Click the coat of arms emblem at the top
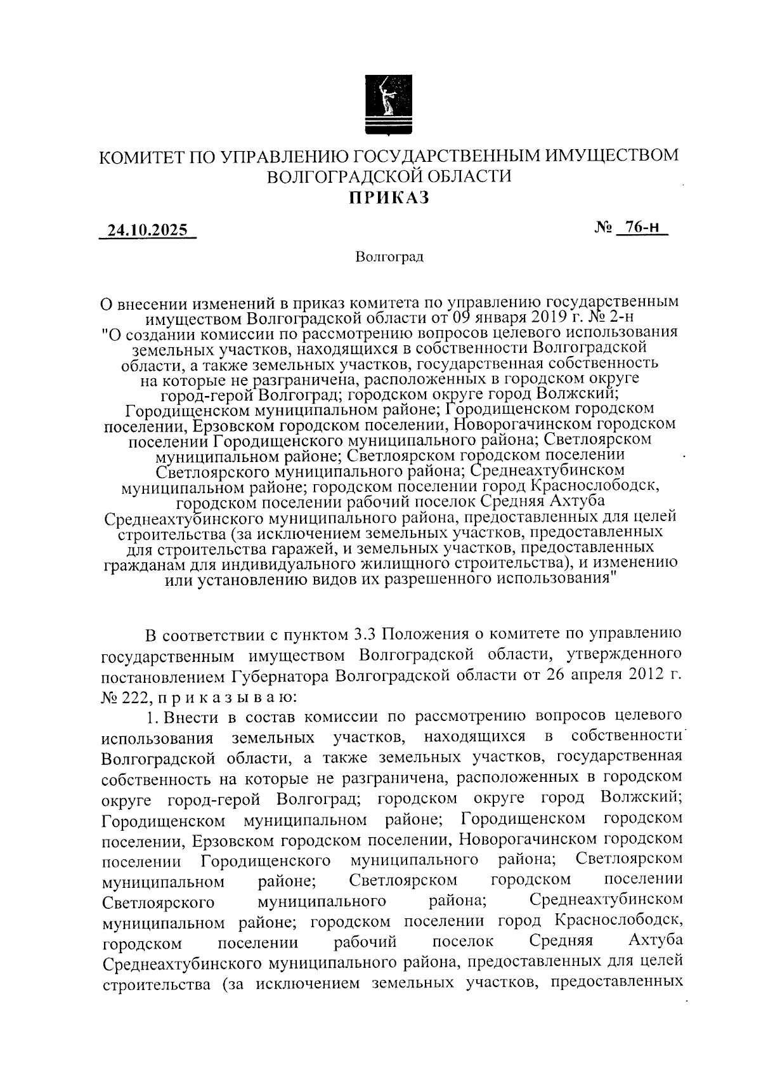[389, 104]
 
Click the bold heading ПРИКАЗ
[389, 198]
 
